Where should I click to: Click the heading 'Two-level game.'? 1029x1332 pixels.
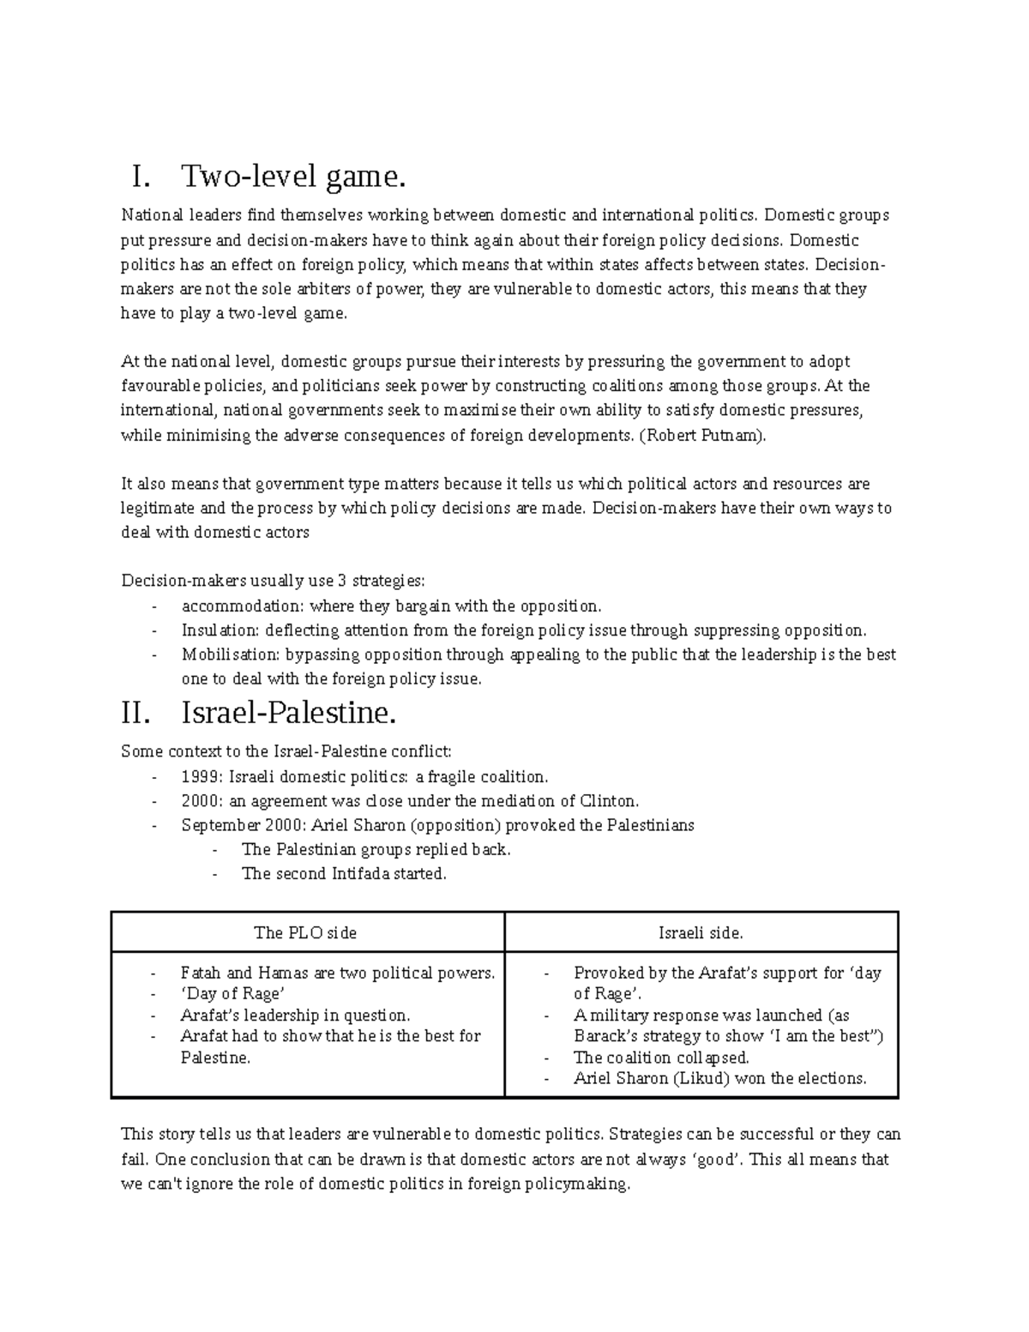292,178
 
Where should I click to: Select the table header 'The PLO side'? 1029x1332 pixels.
305,932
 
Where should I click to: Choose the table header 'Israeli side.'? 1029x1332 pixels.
701,932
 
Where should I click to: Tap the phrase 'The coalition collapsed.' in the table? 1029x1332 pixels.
661,1058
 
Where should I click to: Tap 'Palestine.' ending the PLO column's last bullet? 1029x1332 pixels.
215,1058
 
